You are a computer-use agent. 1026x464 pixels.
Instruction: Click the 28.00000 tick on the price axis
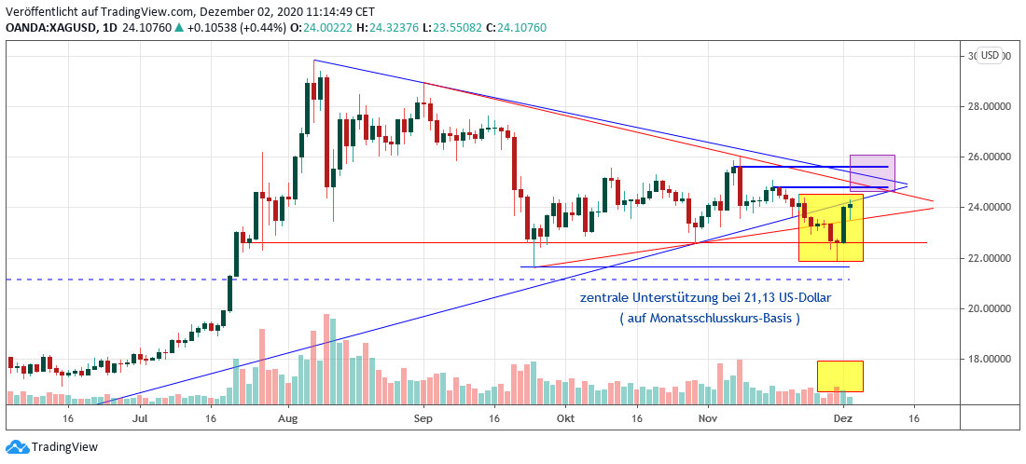991,106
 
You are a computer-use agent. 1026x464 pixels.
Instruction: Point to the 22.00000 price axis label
991,258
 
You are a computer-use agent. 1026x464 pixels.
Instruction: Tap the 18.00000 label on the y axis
991,359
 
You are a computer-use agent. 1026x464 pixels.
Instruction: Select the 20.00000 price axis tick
991,308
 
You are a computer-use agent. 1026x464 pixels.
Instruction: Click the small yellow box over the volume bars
839,375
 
